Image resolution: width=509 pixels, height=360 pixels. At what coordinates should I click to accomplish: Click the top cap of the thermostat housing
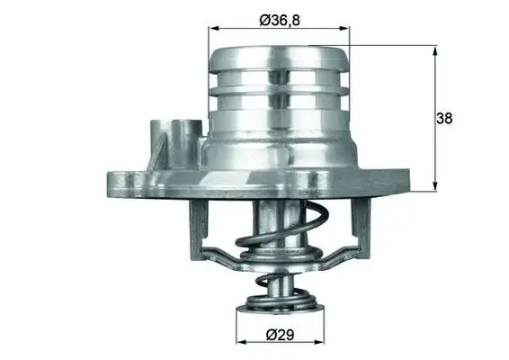coord(279,55)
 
